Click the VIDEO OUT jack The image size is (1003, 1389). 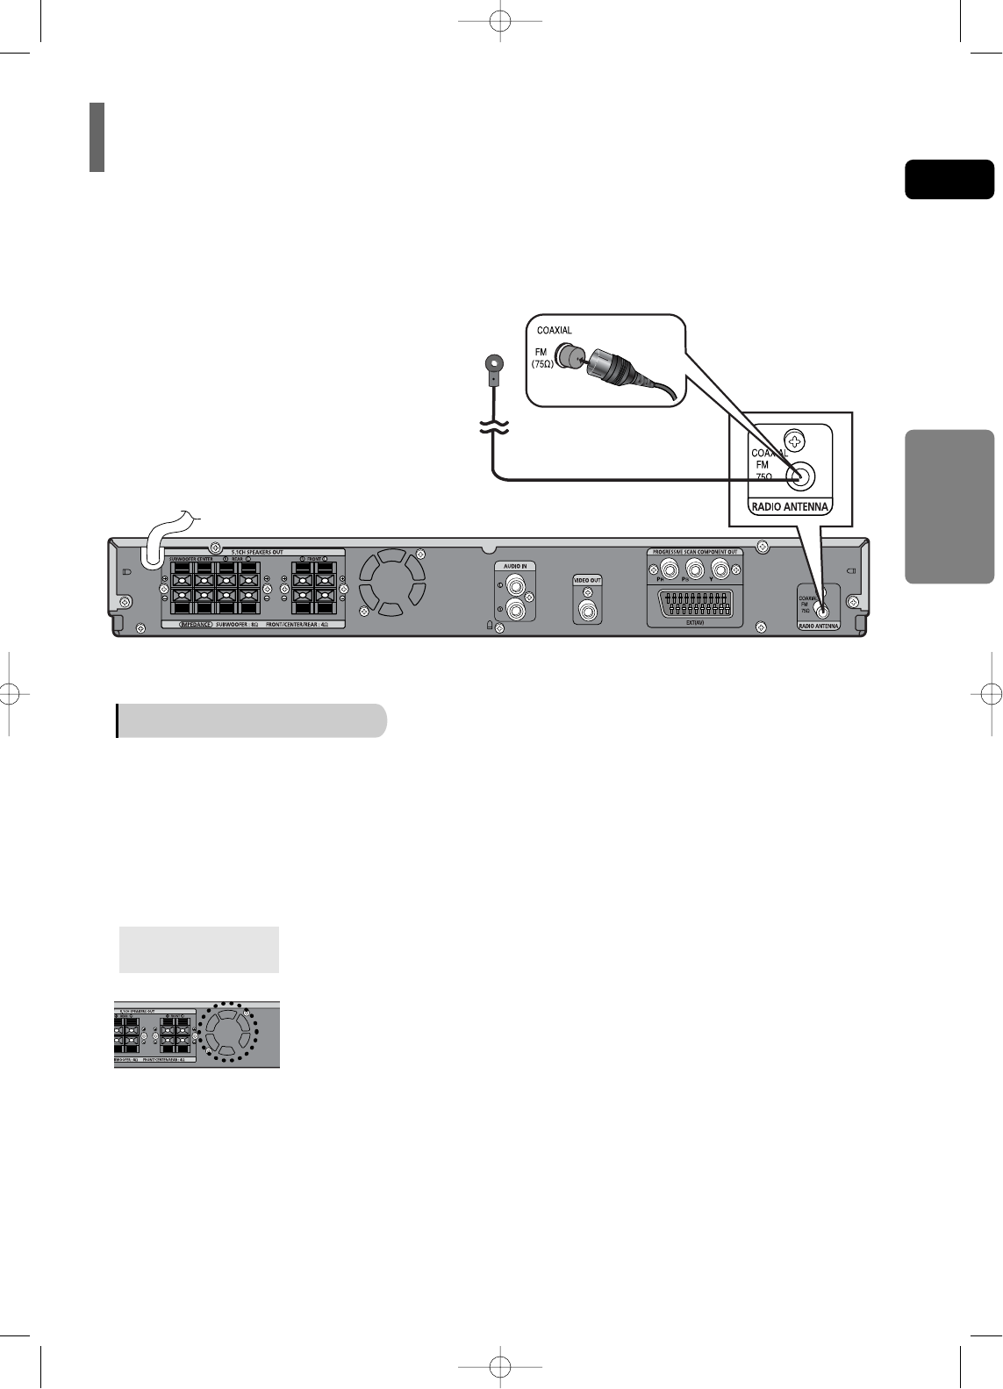(588, 607)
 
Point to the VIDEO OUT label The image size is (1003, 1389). (588, 580)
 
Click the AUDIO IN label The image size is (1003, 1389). (515, 566)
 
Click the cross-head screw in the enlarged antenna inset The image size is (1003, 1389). (795, 440)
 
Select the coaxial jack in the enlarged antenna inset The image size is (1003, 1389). (800, 477)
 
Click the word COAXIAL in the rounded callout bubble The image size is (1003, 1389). (555, 331)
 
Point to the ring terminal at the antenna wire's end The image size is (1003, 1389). (494, 362)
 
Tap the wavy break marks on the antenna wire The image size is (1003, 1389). (494, 427)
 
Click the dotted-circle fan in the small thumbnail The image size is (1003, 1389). (227, 1033)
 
